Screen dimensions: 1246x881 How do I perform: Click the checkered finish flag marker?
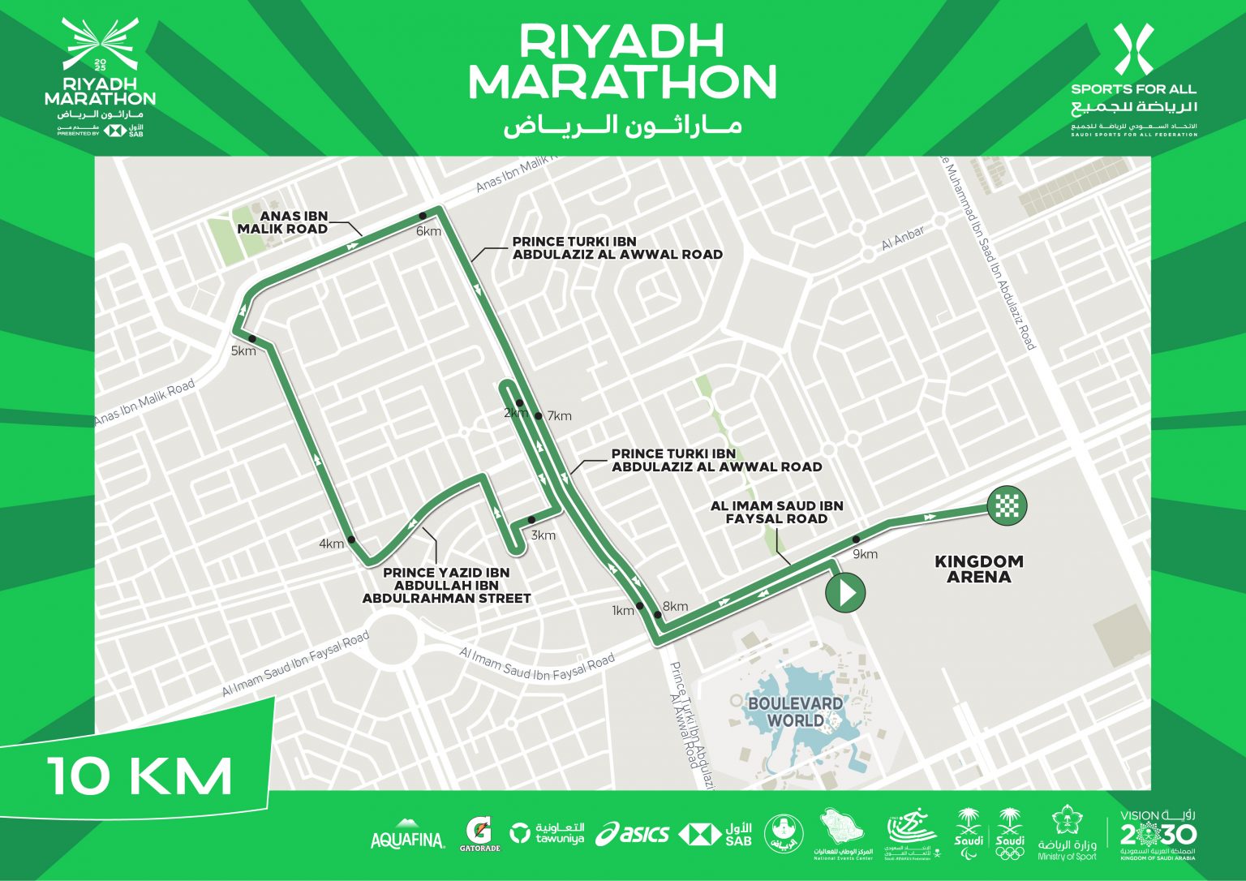[x=1008, y=506]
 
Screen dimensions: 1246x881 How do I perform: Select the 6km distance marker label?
[x=428, y=231]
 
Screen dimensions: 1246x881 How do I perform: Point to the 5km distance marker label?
[x=243, y=351]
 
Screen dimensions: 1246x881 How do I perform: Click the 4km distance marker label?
[x=332, y=544]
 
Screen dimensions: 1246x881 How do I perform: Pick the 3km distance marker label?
[x=544, y=535]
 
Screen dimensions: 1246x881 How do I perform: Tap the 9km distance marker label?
[x=866, y=554]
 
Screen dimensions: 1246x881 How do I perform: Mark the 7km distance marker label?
[x=560, y=416]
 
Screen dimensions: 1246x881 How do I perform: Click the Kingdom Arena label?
[x=978, y=569]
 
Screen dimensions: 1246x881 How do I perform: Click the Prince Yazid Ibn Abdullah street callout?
[x=446, y=585]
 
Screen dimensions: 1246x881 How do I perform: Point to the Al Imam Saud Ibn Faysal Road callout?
[x=776, y=512]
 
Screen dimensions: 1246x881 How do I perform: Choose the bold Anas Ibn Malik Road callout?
[x=282, y=222]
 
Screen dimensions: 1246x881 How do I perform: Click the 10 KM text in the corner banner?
[x=140, y=776]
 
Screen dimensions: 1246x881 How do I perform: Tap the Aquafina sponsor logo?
[x=407, y=839]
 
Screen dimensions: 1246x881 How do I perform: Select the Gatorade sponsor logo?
[x=482, y=834]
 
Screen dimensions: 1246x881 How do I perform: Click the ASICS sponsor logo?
[x=633, y=834]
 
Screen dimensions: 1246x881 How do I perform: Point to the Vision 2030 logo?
[x=1157, y=833]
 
